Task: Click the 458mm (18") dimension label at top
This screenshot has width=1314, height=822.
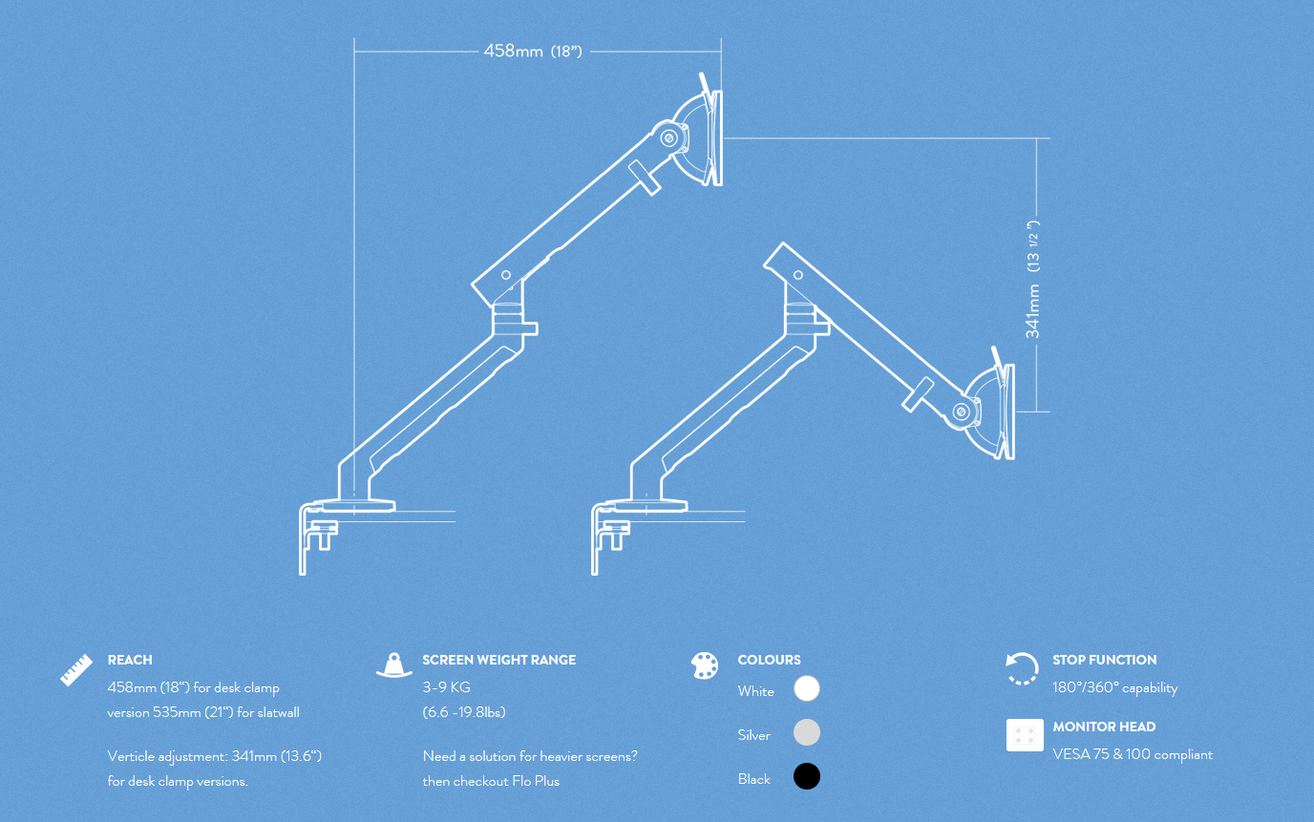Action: [533, 51]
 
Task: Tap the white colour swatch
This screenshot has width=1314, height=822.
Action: [807, 689]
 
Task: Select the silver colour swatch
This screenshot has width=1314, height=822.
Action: [807, 733]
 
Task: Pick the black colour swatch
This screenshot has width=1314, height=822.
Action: [807, 777]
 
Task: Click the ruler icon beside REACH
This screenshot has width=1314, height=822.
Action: [76, 669]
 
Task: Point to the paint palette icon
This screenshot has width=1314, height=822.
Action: [705, 666]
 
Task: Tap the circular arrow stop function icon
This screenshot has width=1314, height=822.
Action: [1022, 668]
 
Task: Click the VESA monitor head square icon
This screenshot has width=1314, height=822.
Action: [1025, 735]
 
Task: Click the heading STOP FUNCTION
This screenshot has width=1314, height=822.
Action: [1104, 660]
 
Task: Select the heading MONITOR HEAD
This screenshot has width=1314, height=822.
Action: [1104, 727]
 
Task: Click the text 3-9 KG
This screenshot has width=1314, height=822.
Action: [447, 687]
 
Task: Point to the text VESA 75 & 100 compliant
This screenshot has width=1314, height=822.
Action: [1133, 754]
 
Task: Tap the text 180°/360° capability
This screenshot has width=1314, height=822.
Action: [1115, 687]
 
